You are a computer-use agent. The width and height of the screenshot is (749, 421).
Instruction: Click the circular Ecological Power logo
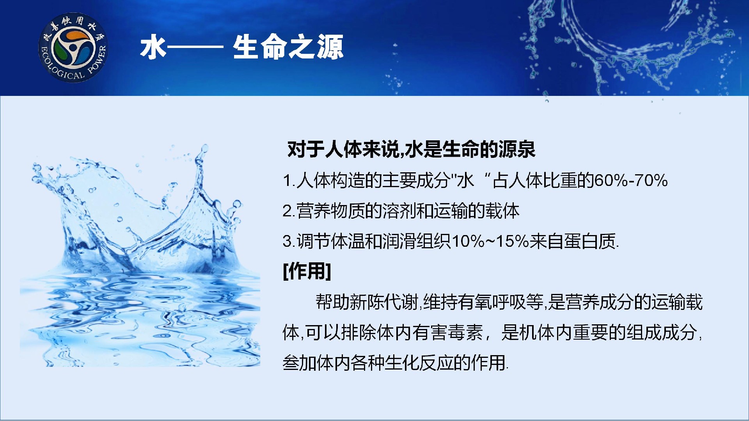[x=73, y=48]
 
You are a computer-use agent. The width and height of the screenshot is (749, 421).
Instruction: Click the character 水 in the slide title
[x=153, y=47]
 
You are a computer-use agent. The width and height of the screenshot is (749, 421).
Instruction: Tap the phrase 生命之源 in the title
[x=288, y=47]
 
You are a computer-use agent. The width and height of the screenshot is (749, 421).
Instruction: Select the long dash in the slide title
[x=195, y=47]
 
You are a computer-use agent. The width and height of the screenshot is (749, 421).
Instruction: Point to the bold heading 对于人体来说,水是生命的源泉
[x=411, y=149]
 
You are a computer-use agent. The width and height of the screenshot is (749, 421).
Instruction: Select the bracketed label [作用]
[x=307, y=271]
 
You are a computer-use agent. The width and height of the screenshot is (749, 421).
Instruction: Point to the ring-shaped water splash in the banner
[x=624, y=43]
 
